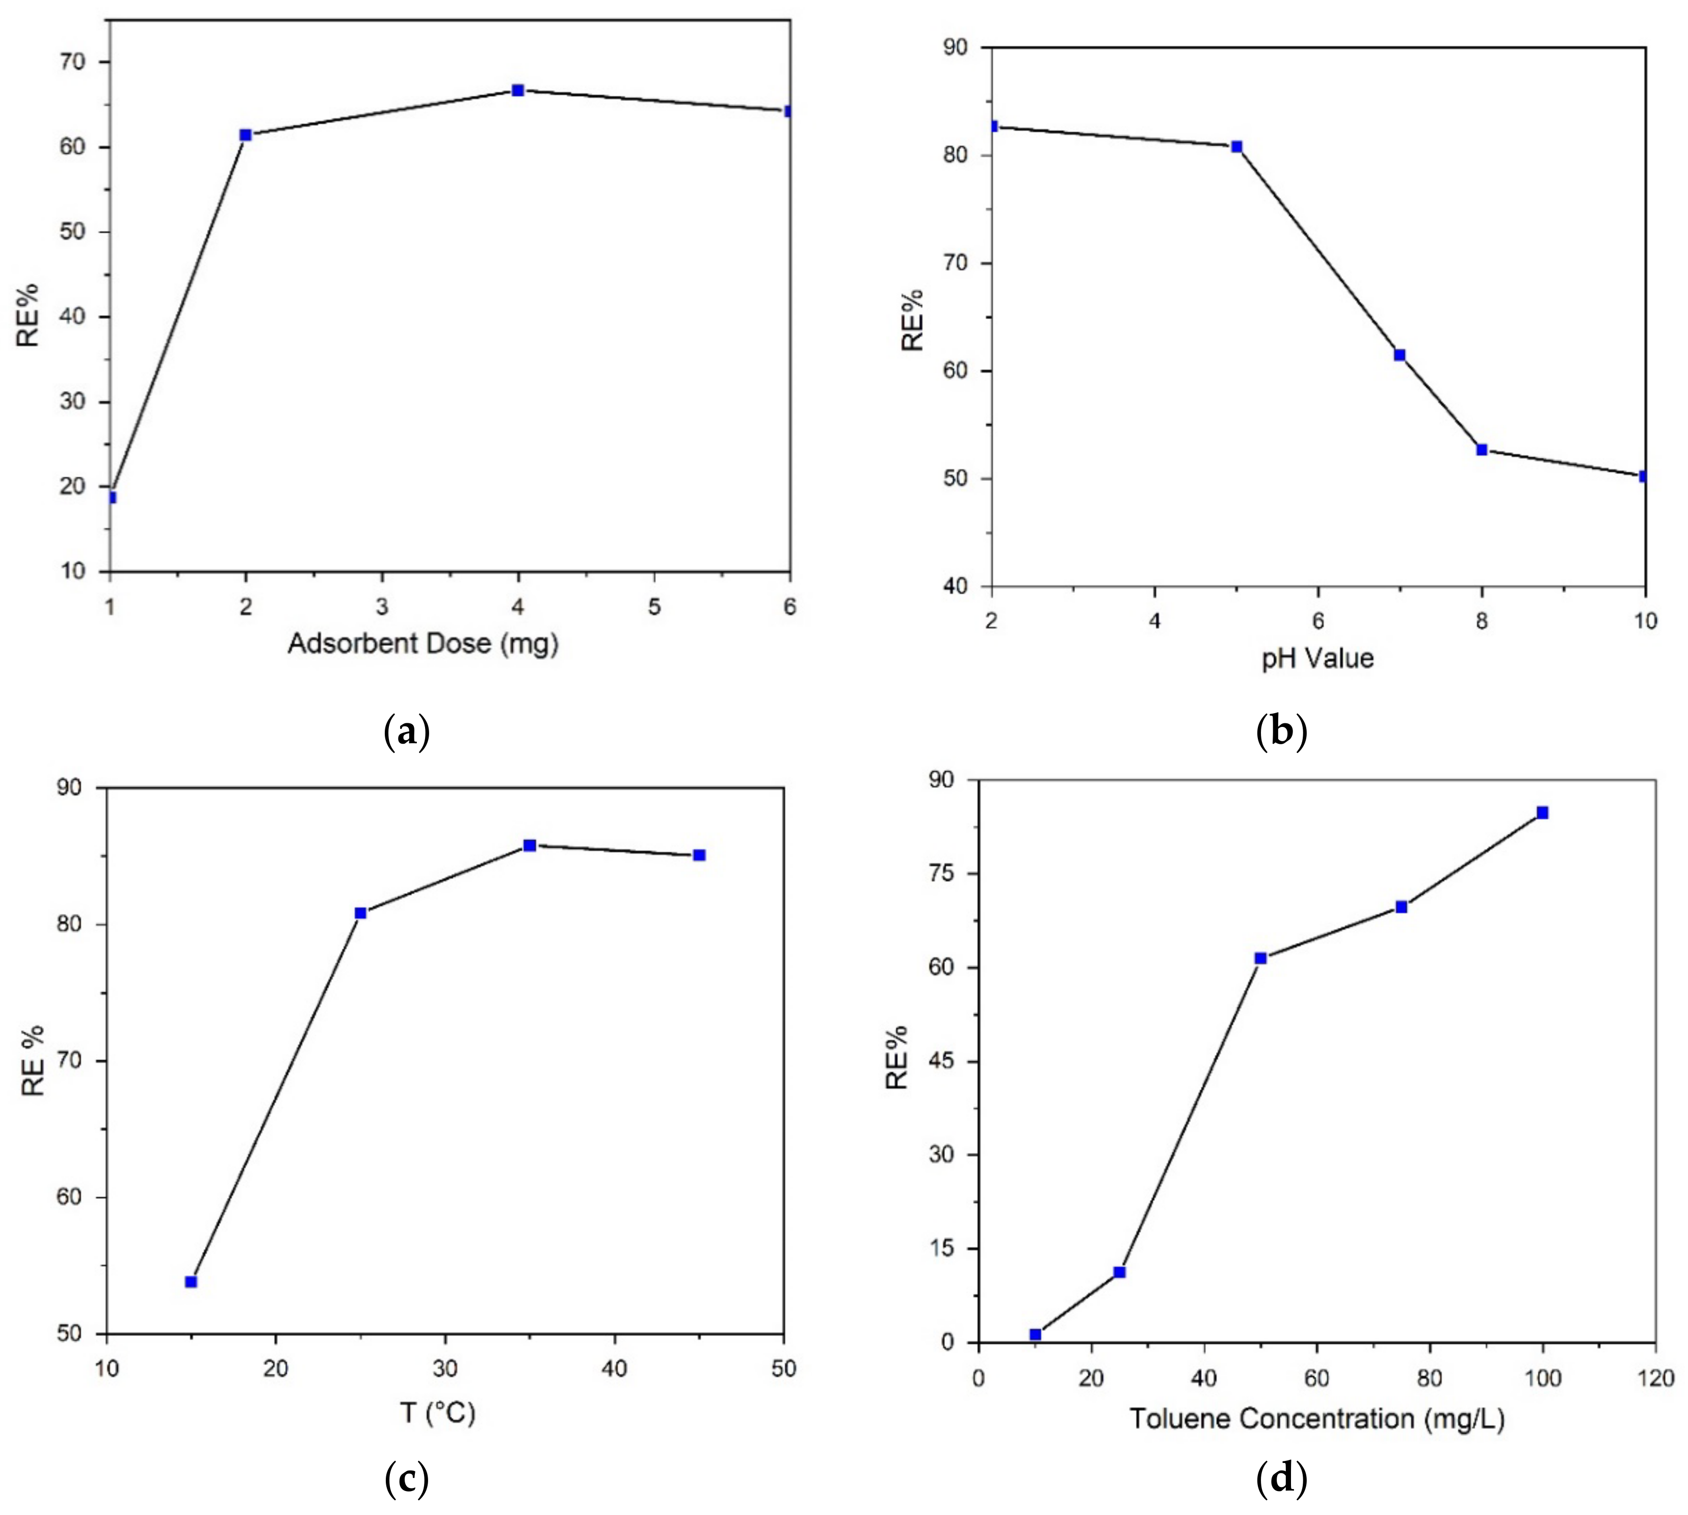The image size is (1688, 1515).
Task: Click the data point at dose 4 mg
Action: [518, 90]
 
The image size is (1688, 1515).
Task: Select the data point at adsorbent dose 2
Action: [246, 135]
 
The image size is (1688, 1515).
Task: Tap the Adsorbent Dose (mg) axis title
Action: [423, 643]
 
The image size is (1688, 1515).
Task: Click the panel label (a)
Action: [407, 733]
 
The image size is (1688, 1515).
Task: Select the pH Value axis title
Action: [1317, 659]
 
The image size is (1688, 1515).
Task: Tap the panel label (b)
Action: [1281, 733]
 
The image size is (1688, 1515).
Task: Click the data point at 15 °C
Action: [191, 1282]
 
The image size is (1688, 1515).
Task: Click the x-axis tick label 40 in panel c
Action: [614, 1369]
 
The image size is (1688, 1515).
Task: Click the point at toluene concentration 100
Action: [1542, 813]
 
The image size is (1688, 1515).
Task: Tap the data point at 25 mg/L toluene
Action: [1120, 1272]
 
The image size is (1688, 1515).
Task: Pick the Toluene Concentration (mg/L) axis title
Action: [1317, 1419]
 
